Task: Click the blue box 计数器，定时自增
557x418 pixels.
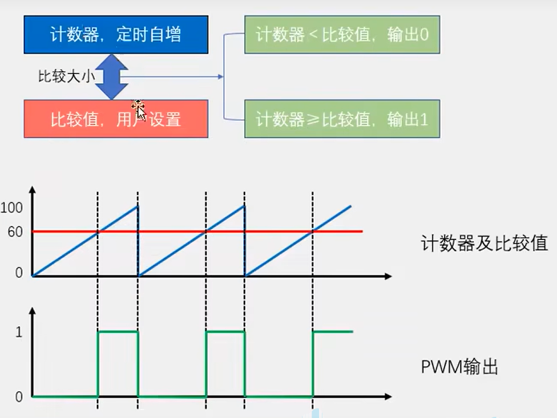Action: click(115, 34)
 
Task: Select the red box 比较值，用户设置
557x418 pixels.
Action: click(115, 119)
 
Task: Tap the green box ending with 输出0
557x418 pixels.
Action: click(342, 35)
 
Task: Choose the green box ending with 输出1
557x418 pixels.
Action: click(342, 119)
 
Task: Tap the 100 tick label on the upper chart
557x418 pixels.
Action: click(11, 208)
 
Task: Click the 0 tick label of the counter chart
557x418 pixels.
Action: click(19, 273)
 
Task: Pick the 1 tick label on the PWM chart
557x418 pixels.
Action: click(19, 332)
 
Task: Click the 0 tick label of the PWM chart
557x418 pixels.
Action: click(19, 396)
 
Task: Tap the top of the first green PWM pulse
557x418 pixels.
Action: click(118, 331)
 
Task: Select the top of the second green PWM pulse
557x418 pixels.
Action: click(225, 331)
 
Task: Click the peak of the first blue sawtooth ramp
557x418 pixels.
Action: click(138, 206)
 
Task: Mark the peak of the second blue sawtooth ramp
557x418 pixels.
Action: click(244, 206)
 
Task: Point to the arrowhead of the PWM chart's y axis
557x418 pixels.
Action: click(33, 311)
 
